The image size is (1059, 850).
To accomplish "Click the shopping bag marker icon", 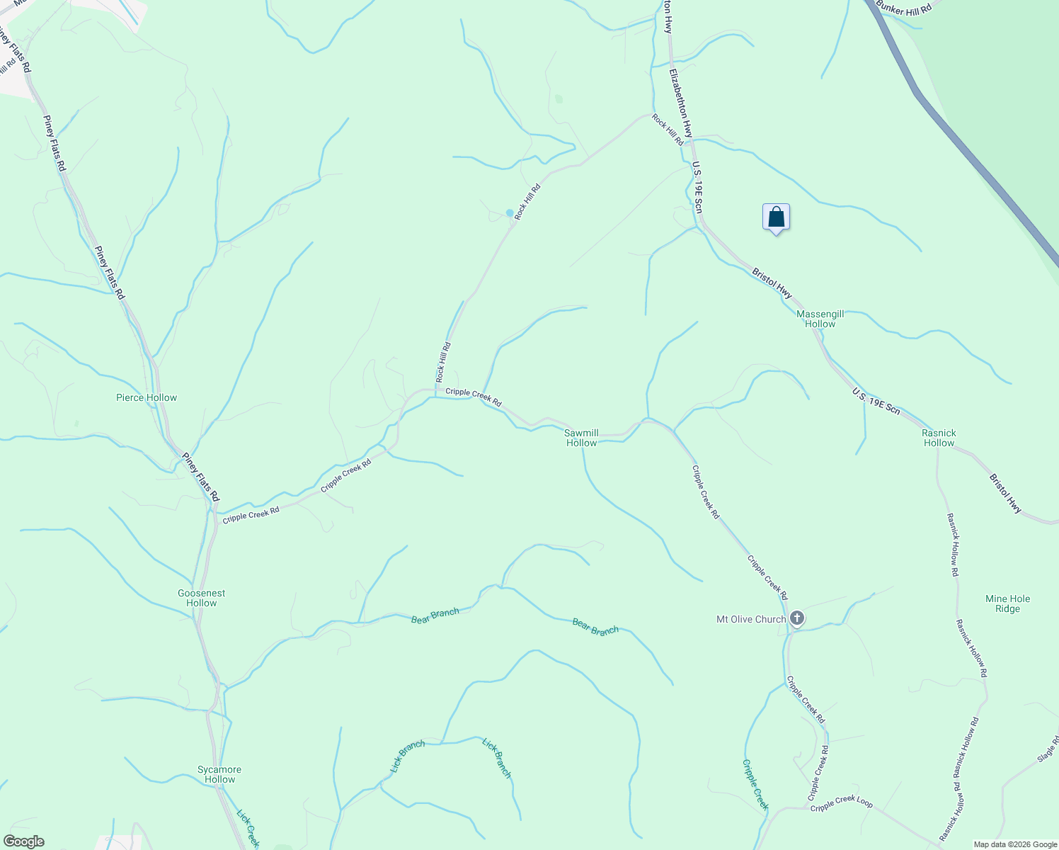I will click(x=776, y=217).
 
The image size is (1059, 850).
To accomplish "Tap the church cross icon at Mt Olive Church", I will click(x=797, y=619).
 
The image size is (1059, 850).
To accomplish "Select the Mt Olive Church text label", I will click(x=751, y=619).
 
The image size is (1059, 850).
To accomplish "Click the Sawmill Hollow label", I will click(x=581, y=438).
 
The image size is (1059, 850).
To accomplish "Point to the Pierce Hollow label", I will click(x=147, y=397).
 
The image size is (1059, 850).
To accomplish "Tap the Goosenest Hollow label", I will click(x=202, y=598).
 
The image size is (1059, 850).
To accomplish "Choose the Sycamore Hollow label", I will click(x=219, y=774).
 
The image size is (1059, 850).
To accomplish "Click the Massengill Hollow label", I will click(x=820, y=319).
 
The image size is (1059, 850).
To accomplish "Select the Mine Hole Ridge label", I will click(x=1007, y=603).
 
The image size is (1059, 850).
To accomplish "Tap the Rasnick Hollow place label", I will click(x=939, y=438).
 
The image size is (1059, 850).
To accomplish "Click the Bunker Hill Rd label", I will click(x=903, y=6).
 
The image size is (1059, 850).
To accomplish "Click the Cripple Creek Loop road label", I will click(x=841, y=805).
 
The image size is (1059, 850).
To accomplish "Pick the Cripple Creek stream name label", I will click(x=755, y=785).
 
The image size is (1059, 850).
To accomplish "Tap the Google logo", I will click(x=23, y=841).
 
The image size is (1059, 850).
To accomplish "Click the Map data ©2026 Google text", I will click(x=1014, y=844).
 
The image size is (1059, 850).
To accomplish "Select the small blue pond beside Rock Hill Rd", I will click(x=510, y=212).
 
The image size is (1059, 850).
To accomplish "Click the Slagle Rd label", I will click(x=1048, y=749).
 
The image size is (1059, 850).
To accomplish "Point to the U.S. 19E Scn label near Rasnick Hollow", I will click(x=876, y=401).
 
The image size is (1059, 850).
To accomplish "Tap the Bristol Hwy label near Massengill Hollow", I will click(x=772, y=283).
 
